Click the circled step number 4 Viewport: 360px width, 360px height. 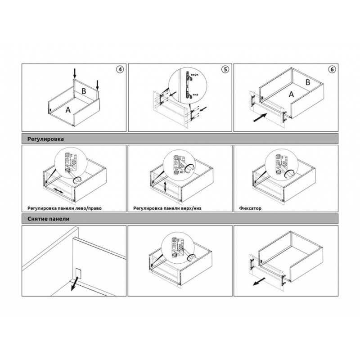pyautogui.click(x=120, y=69)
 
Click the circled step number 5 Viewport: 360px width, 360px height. pyautogui.click(x=225, y=69)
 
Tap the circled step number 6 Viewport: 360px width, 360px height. pyautogui.click(x=332, y=69)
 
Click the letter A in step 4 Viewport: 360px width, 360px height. pyautogui.click(x=68, y=110)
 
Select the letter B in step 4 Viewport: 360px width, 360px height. pyautogui.click(x=84, y=91)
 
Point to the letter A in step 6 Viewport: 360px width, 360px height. pyautogui.click(x=291, y=94)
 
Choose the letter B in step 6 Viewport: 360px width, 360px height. pyautogui.click(x=308, y=82)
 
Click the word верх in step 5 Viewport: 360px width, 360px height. pyautogui.click(x=194, y=75)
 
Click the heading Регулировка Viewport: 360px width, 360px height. pyautogui.click(x=45, y=139)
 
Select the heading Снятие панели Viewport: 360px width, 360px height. pyautogui.click(x=48, y=219)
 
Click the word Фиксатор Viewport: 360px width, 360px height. pyautogui.click(x=250, y=208)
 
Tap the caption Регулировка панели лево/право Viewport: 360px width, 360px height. pyautogui.click(x=64, y=208)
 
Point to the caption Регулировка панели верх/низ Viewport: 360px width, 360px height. pyautogui.click(x=167, y=208)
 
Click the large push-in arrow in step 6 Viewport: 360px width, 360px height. pyautogui.click(x=260, y=117)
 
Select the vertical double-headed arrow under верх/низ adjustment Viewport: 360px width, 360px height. pyautogui.click(x=165, y=187)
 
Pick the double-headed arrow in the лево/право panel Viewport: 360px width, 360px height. pyautogui.click(x=58, y=191)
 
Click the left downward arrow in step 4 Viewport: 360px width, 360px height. pyautogui.click(x=75, y=73)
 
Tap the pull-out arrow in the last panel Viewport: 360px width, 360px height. pyautogui.click(x=259, y=282)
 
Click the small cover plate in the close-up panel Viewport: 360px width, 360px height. pyautogui.click(x=77, y=272)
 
